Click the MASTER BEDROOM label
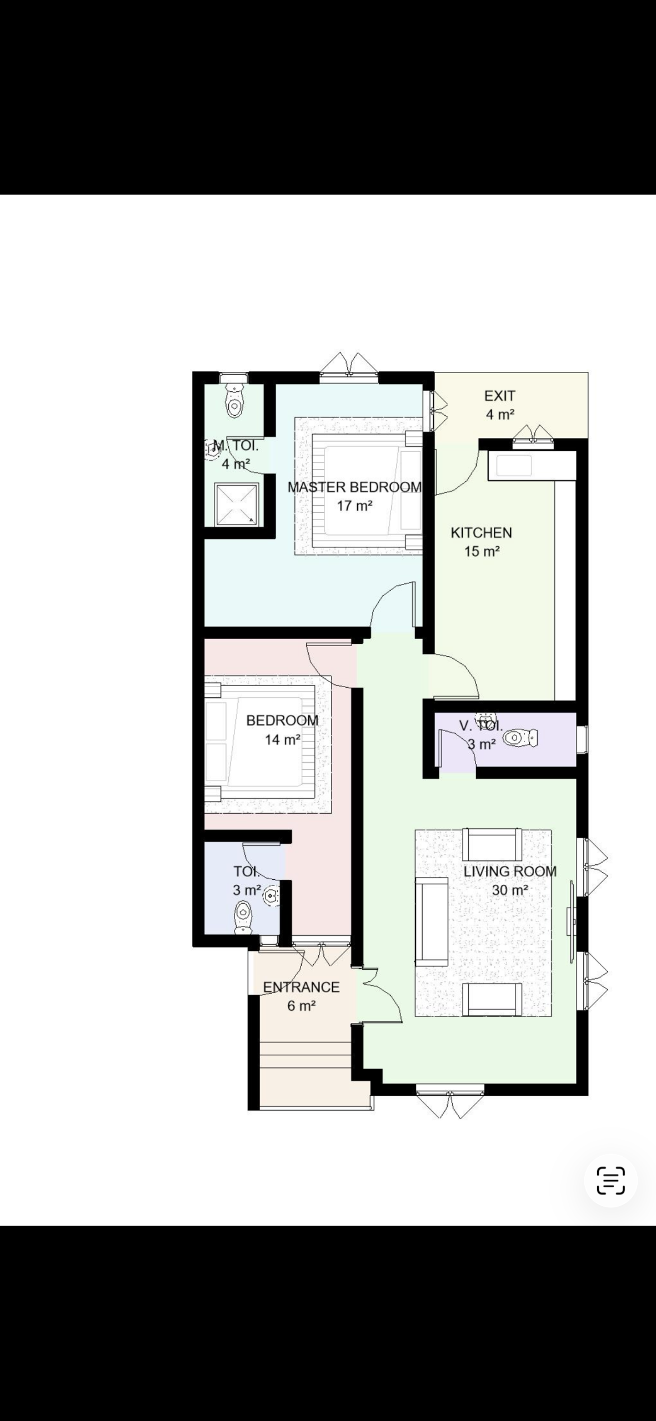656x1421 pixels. tap(354, 487)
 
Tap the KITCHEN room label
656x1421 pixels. tap(481, 533)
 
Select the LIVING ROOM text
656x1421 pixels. tap(510, 871)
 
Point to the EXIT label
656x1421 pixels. tap(500, 396)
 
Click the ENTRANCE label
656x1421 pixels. tap(301, 987)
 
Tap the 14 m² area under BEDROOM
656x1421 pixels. tap(282, 739)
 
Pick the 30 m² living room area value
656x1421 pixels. tap(510, 890)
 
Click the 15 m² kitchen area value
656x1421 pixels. tap(482, 552)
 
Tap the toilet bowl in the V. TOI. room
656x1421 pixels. tap(520, 738)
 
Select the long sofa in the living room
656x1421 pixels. tap(432, 922)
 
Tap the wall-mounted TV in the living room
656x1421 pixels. tap(571, 922)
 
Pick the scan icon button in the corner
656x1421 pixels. tap(610, 1180)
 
